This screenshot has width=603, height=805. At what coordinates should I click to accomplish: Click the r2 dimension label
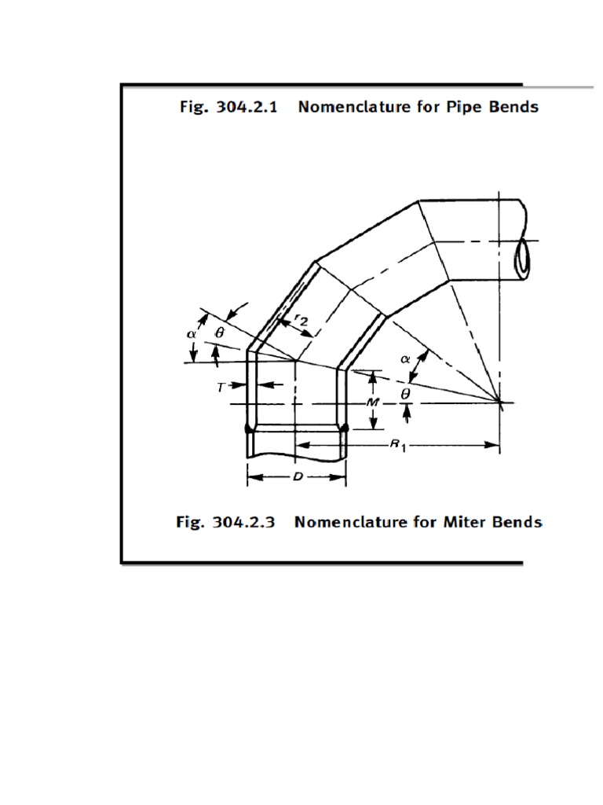point(301,319)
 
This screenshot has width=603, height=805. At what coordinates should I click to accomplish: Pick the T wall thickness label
point(221,386)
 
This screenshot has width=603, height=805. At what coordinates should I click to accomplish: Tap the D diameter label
point(298,476)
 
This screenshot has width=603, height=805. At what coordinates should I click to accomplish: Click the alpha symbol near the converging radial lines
point(406,358)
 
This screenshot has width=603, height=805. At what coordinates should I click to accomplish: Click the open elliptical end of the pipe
point(524,255)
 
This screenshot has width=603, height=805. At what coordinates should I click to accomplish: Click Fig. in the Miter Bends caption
point(188,522)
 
